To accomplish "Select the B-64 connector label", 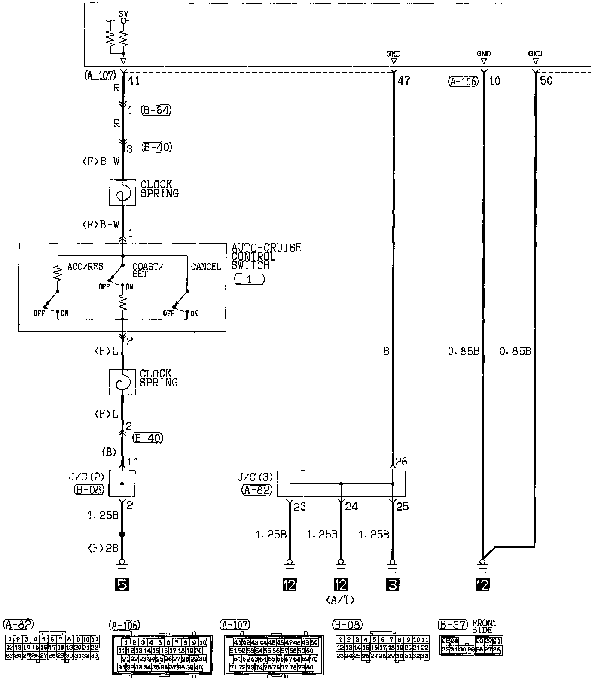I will (x=156, y=110).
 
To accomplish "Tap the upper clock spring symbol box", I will (x=123, y=192).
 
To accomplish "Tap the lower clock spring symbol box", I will (x=122, y=382).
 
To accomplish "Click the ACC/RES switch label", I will (x=85, y=267).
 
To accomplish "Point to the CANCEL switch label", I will (x=206, y=267).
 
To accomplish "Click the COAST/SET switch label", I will (x=147, y=270).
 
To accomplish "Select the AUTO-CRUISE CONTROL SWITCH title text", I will (x=266, y=256).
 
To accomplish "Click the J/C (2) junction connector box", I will (x=122, y=483).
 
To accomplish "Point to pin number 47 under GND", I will (x=404, y=80).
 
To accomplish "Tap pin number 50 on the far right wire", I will (x=546, y=80).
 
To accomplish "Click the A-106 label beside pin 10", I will (x=463, y=81).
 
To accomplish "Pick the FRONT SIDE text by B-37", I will (x=484, y=626).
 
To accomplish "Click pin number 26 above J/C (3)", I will (x=401, y=462).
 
